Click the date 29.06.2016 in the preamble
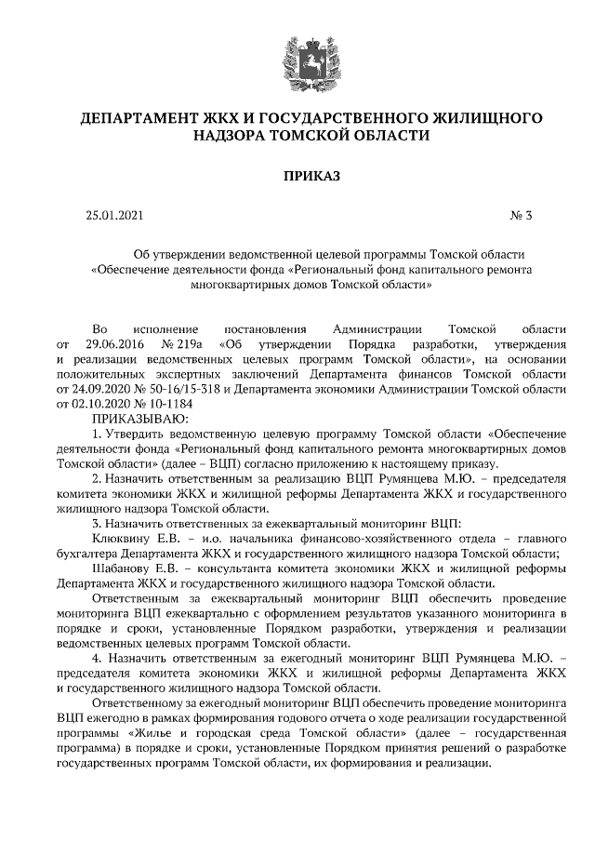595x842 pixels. pos(119,344)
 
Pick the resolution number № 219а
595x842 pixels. pos(181,344)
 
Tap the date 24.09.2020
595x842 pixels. pos(100,389)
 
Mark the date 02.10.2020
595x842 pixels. pos(100,404)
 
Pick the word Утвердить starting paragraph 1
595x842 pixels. pos(139,434)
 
